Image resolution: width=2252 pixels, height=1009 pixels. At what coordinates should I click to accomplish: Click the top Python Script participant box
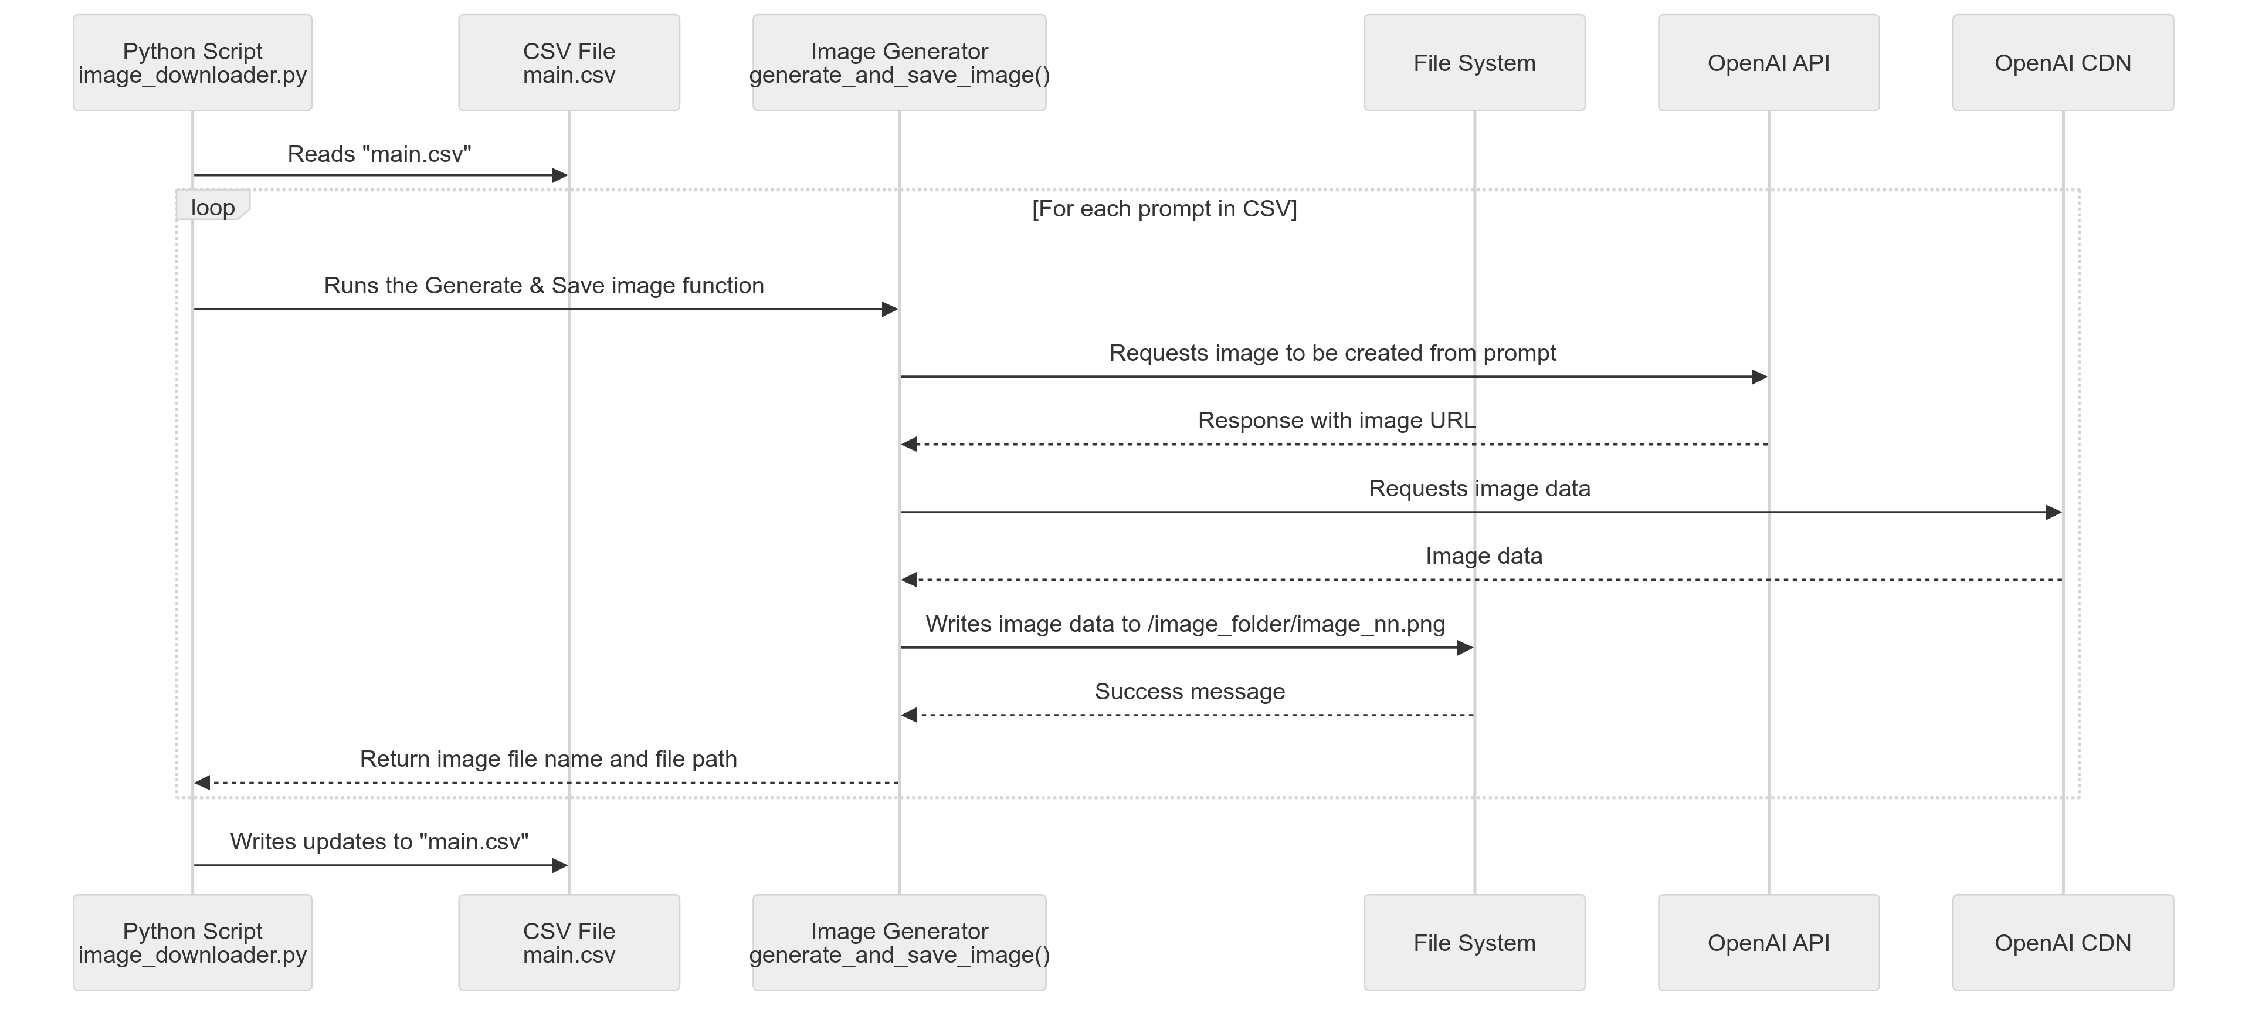192,63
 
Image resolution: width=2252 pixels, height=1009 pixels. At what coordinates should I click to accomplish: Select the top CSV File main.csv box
568,63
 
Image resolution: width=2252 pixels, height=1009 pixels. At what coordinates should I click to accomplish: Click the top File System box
1474,63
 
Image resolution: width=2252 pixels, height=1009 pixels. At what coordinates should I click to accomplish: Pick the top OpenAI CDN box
2063,63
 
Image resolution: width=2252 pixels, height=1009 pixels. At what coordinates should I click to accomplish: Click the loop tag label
212,207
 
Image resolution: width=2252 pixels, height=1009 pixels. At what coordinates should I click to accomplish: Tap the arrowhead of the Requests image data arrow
2054,512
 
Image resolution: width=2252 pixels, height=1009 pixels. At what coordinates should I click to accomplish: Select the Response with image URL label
1336,421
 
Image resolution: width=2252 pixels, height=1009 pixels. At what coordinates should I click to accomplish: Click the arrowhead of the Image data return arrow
909,580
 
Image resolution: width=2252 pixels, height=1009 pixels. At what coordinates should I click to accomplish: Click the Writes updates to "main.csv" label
379,841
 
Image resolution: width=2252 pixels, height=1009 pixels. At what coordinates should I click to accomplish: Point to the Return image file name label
548,759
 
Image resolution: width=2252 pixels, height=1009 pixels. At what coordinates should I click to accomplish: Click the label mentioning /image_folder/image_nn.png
1185,624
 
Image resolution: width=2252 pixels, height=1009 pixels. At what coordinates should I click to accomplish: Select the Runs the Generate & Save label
544,286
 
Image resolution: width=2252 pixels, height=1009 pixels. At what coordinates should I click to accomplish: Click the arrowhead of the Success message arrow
909,715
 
